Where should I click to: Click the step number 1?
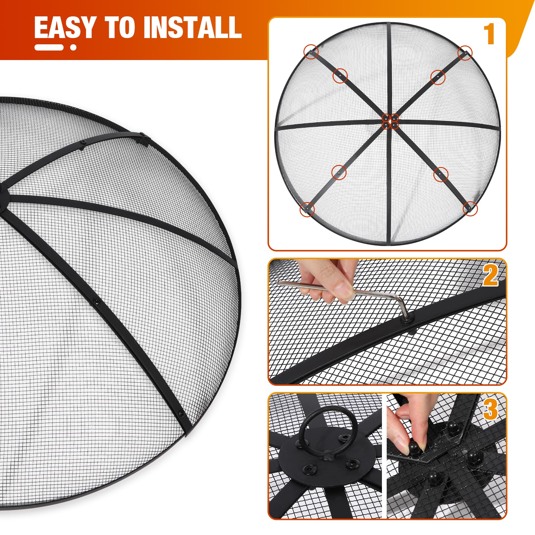489,34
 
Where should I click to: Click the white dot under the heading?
73,47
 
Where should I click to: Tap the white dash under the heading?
49,47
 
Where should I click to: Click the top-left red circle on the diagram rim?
311,52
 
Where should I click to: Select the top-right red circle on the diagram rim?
465,53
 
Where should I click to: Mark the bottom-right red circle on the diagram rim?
470,209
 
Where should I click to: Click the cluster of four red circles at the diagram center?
390,121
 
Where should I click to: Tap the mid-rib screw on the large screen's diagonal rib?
96,302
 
